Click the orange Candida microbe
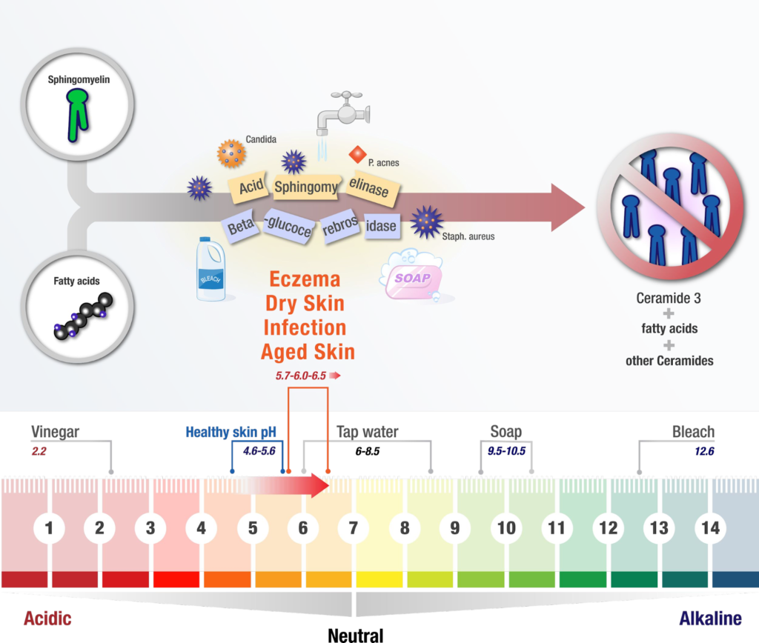tap(230, 153)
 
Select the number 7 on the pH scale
tap(354, 528)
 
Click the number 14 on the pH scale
tap(710, 528)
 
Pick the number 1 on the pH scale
tap(49, 528)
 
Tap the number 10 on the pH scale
tap(506, 528)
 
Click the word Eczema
tap(305, 279)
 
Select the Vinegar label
tap(55, 432)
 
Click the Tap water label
tap(368, 432)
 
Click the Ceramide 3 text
tap(669, 299)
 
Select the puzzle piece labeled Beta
tap(241, 227)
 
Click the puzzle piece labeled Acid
tap(252, 186)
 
